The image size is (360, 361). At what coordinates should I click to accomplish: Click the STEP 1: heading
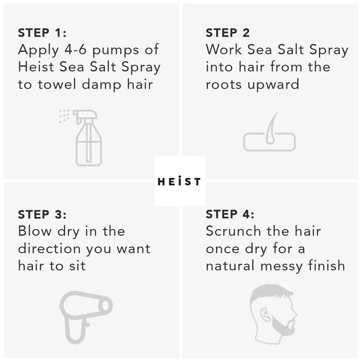[x=42, y=33]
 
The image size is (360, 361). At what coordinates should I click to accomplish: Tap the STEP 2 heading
[x=228, y=33]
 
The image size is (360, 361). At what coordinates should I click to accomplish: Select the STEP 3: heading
[x=42, y=215]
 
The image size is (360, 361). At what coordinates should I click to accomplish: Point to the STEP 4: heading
[x=230, y=214]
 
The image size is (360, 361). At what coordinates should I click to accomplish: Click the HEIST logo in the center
[x=179, y=181]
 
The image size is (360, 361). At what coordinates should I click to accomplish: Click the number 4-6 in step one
[x=75, y=50]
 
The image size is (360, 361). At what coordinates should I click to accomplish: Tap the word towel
[x=57, y=84]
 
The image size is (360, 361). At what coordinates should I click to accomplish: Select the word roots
[x=223, y=85]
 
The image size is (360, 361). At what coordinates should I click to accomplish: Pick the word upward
[x=273, y=85]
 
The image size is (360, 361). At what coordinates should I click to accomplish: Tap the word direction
[x=49, y=248]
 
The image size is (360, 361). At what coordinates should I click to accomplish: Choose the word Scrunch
[x=233, y=231]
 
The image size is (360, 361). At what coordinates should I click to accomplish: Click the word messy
[x=281, y=267]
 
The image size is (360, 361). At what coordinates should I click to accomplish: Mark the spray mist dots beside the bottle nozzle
[x=64, y=116]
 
